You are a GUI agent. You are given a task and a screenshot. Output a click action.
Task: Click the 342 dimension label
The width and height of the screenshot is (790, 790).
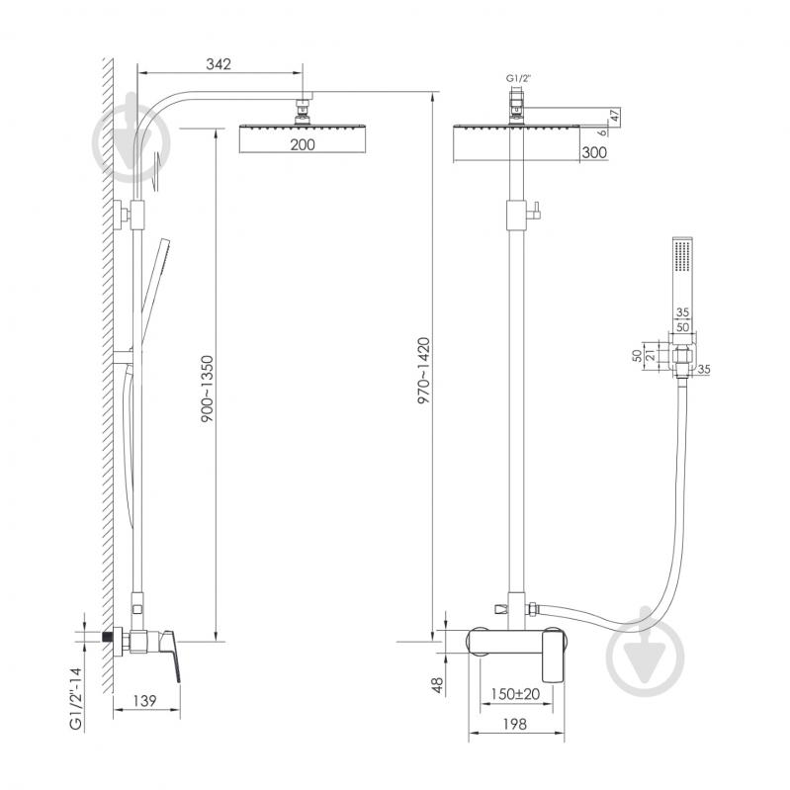click(x=219, y=64)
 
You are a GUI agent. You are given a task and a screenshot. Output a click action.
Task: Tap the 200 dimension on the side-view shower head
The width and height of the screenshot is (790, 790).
click(x=303, y=144)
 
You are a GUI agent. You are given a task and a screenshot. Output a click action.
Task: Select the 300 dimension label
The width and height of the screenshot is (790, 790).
click(x=594, y=152)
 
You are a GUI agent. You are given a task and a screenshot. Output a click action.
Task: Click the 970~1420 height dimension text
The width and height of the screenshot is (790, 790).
click(x=424, y=371)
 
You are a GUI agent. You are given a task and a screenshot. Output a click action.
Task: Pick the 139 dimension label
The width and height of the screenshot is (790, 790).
click(x=144, y=700)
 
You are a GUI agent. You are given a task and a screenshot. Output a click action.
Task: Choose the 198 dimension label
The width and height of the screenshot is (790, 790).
click(x=514, y=724)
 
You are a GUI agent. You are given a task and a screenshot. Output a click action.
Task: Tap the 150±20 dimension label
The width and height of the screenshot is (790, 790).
click(x=515, y=694)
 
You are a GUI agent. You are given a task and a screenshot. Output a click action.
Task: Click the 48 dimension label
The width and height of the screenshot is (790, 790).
click(x=437, y=685)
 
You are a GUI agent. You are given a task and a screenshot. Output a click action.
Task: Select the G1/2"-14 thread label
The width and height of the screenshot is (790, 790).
click(x=75, y=699)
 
